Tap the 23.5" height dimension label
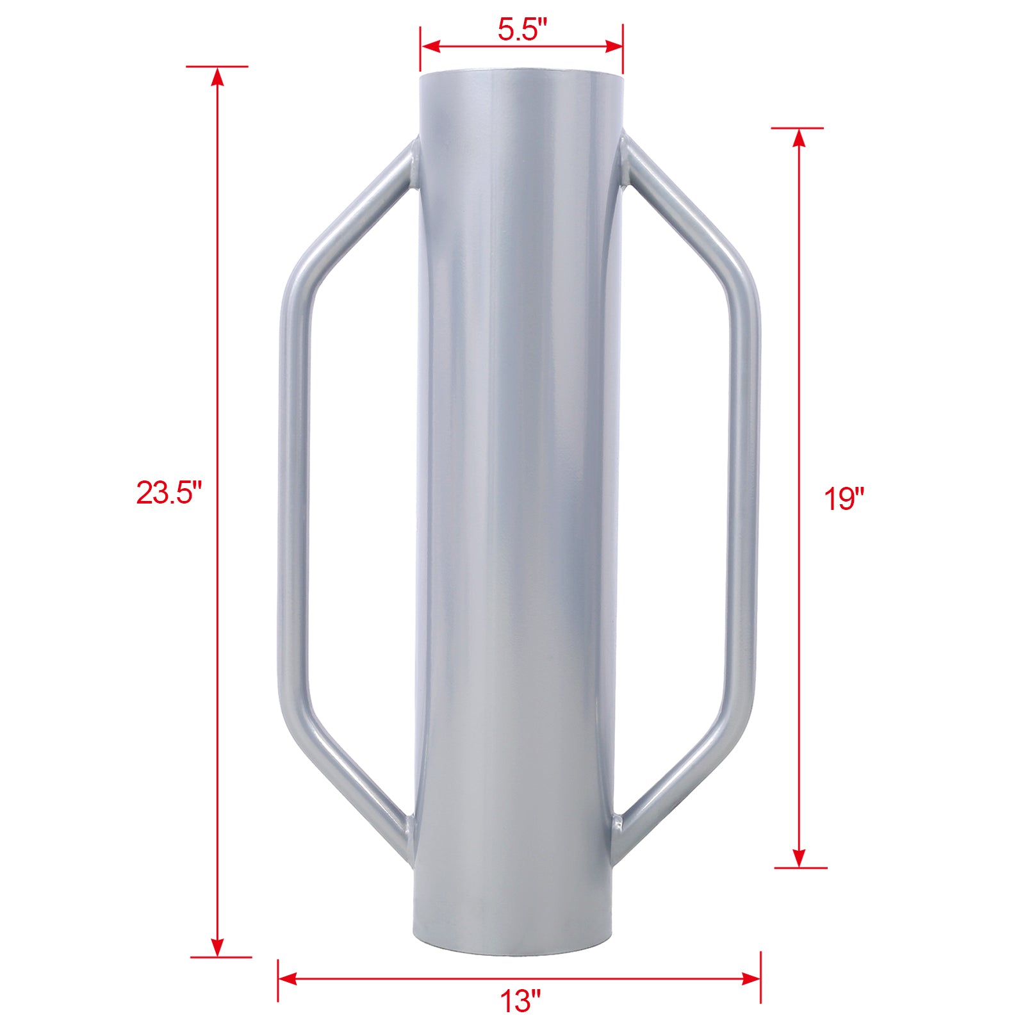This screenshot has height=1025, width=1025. pos(168,493)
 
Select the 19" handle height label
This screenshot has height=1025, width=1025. pos(844,498)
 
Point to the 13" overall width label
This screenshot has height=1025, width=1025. pos(520,1001)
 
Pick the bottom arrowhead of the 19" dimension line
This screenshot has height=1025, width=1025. pos(799,858)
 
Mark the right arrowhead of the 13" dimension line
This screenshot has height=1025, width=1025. pos(750,979)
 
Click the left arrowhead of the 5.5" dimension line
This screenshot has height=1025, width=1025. pos(430,46)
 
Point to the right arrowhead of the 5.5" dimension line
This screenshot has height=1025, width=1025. pos(613,46)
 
